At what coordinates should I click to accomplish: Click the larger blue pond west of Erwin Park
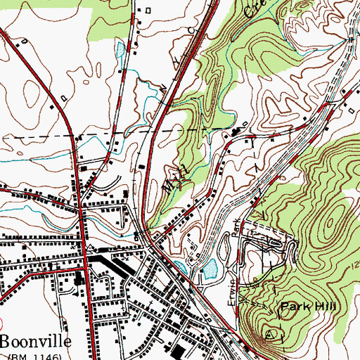[x=209, y=267]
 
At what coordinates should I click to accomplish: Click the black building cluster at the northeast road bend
[x=236, y=132]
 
